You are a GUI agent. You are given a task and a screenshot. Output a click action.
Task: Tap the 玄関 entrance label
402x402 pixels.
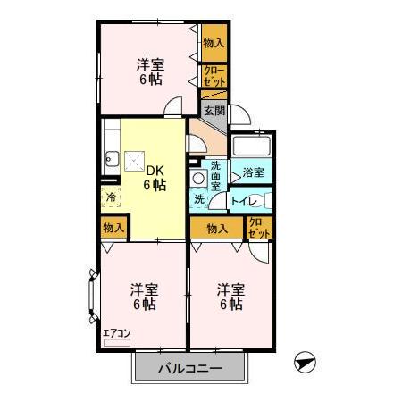point(213,112)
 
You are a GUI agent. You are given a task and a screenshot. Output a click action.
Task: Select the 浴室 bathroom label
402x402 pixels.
point(252,172)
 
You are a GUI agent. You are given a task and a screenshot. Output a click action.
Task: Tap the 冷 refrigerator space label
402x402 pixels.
point(111,197)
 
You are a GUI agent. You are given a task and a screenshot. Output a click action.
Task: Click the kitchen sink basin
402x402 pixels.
point(111,161)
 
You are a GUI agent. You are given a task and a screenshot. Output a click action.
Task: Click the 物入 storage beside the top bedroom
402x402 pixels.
point(214,43)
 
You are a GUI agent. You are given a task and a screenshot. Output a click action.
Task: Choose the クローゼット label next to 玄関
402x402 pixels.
point(214,76)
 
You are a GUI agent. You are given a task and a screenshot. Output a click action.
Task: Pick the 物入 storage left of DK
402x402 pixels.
point(113,227)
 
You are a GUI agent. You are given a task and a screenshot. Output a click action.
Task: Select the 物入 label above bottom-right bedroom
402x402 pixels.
point(217,228)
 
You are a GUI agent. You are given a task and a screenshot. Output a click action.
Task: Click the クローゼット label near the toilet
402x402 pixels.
point(258,227)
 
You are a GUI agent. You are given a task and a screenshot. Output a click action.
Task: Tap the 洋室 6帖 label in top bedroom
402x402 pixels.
point(150,71)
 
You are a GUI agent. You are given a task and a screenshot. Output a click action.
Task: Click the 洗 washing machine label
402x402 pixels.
point(198,200)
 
